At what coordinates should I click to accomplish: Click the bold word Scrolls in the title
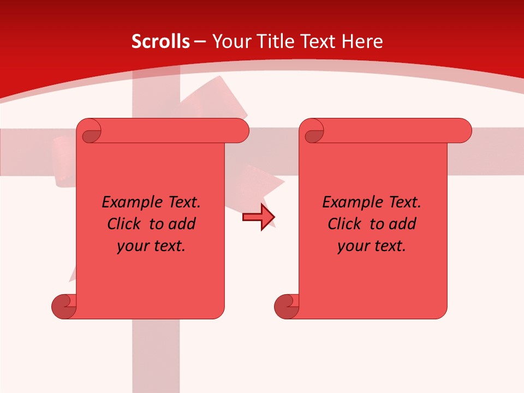160,41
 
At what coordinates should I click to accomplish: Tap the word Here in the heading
362,41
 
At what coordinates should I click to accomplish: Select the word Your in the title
231,41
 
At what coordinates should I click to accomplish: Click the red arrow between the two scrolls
259,217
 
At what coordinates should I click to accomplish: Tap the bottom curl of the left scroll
64,306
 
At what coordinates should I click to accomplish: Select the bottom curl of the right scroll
287,306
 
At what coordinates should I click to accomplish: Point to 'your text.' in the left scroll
151,246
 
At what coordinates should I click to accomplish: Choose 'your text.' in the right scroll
372,246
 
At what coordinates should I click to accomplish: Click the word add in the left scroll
182,224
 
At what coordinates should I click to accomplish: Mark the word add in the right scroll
403,224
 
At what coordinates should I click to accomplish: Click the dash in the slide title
200,41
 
